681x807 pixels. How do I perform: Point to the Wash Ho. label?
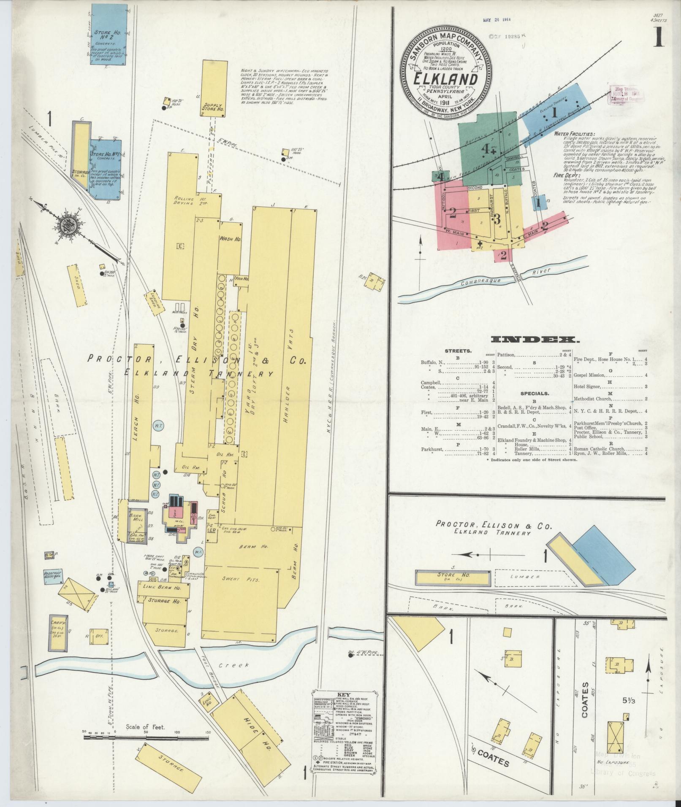[230, 239]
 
